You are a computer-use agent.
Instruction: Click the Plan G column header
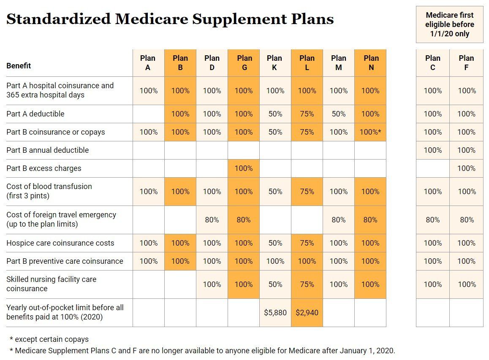pyautogui.click(x=244, y=63)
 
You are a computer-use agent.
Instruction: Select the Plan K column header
pyautogui.click(x=275, y=63)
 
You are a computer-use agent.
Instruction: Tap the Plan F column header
pyautogui.click(x=466, y=63)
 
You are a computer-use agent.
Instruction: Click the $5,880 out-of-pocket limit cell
pyautogui.click(x=275, y=313)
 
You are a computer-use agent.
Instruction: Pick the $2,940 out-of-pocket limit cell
pyautogui.click(x=307, y=313)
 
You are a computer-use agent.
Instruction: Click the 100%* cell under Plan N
pyautogui.click(x=370, y=132)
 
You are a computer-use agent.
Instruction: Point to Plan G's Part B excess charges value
pyautogui.click(x=244, y=169)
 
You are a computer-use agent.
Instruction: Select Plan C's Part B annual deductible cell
pyautogui.click(x=433, y=150)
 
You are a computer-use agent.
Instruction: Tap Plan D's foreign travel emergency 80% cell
pyautogui.click(x=212, y=220)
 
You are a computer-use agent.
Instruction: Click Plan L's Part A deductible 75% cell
pyautogui.click(x=307, y=114)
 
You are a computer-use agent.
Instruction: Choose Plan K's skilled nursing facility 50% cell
pyautogui.click(x=275, y=284)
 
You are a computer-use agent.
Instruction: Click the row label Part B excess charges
pyautogui.click(x=43, y=169)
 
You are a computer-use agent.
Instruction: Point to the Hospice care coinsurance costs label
pyautogui.click(x=60, y=243)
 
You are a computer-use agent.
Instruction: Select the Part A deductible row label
pyautogui.click(x=35, y=114)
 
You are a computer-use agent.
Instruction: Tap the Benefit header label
pyautogui.click(x=19, y=66)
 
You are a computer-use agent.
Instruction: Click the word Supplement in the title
pyautogui.click(x=239, y=19)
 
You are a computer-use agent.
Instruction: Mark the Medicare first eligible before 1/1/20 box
pyautogui.click(x=449, y=24)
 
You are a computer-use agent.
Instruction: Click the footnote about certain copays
pyautogui.click(x=49, y=339)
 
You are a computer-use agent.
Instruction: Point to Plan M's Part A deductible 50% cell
pyautogui.click(x=339, y=114)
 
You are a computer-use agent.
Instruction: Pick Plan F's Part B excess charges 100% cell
pyautogui.click(x=466, y=169)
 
